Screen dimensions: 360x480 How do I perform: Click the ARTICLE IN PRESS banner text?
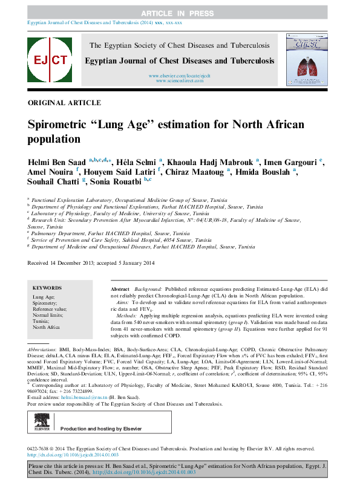coord(180,13)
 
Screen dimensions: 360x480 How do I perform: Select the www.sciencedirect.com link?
coord(179,80)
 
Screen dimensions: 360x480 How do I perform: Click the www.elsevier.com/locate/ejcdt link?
coord(179,75)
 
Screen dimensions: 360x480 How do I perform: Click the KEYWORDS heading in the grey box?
coord(47,288)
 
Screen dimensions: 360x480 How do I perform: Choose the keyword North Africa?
coord(47,327)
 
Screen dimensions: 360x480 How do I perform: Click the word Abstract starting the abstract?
coord(120,291)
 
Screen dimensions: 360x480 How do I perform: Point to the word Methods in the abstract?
coord(126,316)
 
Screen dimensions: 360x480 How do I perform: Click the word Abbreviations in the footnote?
coord(45,351)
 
